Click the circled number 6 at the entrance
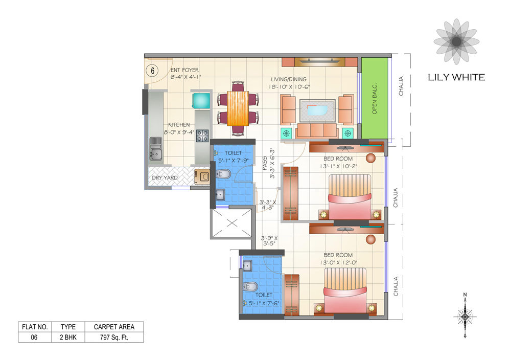(x=152, y=71)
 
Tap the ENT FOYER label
(x=184, y=70)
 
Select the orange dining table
(x=238, y=108)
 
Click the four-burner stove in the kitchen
(x=202, y=136)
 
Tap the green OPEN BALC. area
(x=375, y=98)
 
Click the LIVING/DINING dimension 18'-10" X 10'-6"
(x=290, y=87)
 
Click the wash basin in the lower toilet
(x=247, y=266)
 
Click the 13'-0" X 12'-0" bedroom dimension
(x=338, y=262)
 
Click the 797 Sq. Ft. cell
(x=114, y=337)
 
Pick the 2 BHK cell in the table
(x=68, y=337)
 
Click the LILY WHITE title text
(x=456, y=78)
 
